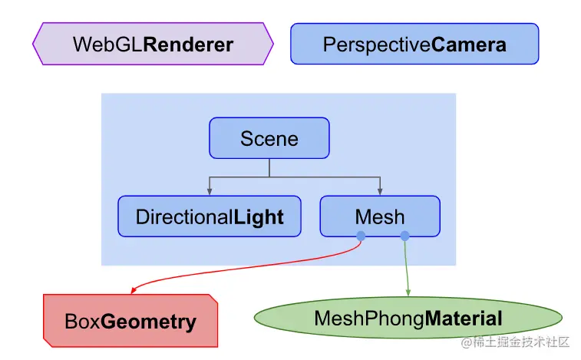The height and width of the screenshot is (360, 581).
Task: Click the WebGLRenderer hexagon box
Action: [153, 44]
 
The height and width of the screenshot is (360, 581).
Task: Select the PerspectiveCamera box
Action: [414, 44]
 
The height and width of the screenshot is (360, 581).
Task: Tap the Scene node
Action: [269, 138]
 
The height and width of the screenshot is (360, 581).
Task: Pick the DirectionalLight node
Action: [210, 216]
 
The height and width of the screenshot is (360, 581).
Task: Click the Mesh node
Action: [379, 216]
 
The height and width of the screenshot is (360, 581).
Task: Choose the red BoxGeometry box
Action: [130, 321]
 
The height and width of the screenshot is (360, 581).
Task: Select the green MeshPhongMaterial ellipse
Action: [408, 318]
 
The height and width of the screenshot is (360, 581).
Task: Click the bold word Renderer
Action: [188, 45]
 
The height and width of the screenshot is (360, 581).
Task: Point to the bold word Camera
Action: [469, 45]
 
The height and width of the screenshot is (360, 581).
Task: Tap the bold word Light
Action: [259, 217]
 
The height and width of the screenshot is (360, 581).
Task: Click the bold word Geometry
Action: [149, 322]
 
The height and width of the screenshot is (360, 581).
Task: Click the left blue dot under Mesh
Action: [361, 236]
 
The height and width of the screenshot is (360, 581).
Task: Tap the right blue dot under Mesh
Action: [404, 236]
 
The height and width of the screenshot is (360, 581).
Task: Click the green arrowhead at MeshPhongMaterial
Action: [408, 292]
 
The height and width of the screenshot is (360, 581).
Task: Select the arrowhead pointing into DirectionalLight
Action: [210, 192]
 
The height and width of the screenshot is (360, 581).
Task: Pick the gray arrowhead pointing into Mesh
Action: [379, 192]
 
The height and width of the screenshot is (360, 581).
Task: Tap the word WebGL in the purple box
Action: [107, 45]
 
